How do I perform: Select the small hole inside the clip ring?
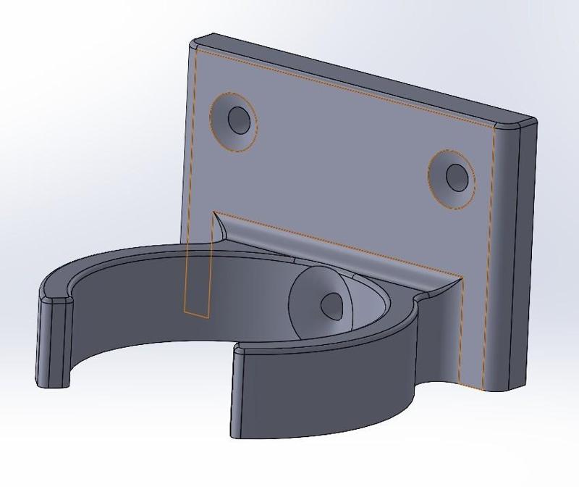pyautogui.click(x=333, y=305)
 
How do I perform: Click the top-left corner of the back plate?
pyautogui.click(x=196, y=42)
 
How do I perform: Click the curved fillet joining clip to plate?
pyautogui.click(x=340, y=250)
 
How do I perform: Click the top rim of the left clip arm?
pyautogui.click(x=109, y=261)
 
